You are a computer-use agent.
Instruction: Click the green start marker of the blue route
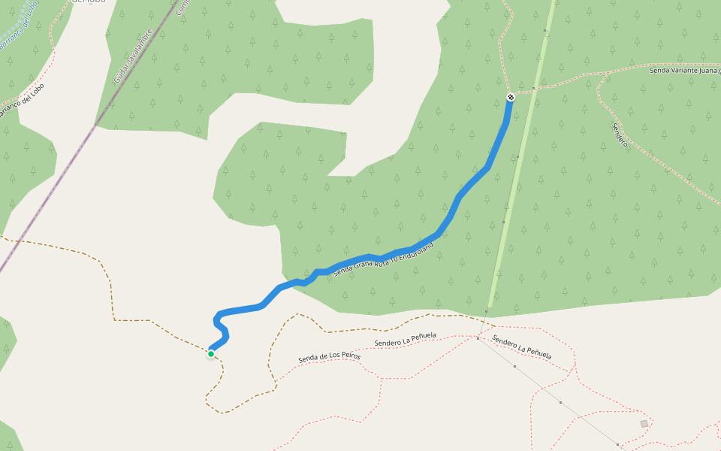211,354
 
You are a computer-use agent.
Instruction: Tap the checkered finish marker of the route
511,98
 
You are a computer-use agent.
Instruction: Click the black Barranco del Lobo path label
21,101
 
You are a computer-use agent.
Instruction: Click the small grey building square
644,424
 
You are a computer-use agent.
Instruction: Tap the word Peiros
349,353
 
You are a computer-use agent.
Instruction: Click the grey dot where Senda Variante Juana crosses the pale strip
534,89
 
